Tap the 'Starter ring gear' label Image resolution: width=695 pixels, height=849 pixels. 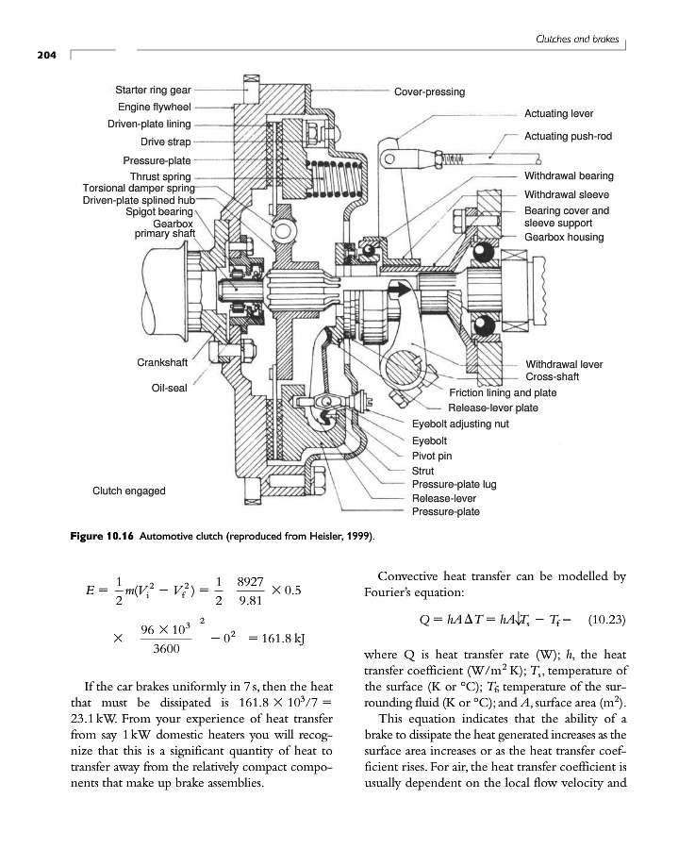tap(153, 91)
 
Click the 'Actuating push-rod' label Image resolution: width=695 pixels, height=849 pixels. tap(568, 136)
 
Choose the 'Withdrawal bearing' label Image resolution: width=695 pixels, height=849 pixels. tap(568, 175)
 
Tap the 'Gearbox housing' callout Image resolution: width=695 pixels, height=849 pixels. tap(564, 237)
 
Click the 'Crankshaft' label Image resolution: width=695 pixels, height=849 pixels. tap(166, 363)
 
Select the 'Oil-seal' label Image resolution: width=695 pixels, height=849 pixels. tap(171, 388)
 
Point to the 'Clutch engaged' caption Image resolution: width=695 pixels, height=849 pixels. tap(129, 491)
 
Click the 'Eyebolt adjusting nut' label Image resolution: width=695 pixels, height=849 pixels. tap(460, 424)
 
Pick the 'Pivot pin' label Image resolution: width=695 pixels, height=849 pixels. tap(433, 455)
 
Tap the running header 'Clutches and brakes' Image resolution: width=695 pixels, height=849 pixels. tap(575, 39)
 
